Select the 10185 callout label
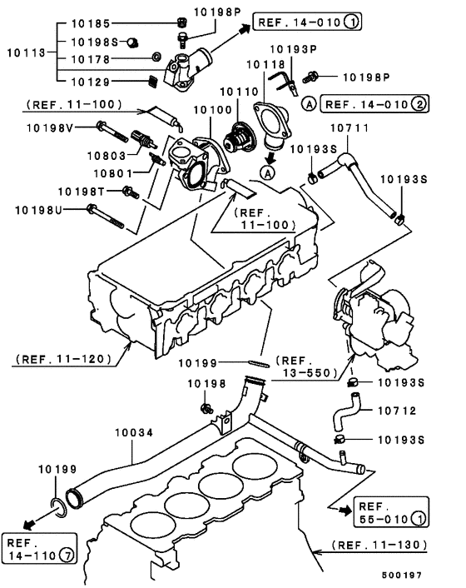point(89,23)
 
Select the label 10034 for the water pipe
point(132,435)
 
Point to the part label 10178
point(89,59)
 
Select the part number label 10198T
point(83,191)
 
